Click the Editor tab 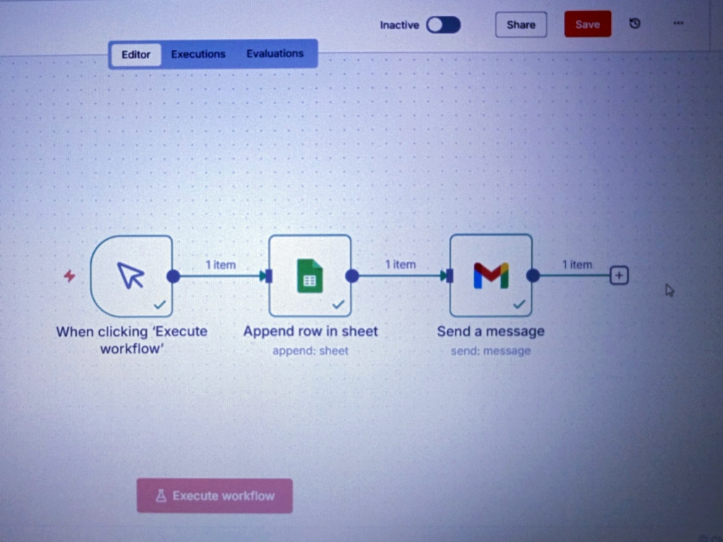(136, 54)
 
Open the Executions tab (198, 54)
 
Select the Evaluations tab (275, 53)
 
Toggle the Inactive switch (443, 25)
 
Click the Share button (521, 25)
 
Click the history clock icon (635, 23)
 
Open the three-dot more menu (678, 22)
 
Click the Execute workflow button (215, 496)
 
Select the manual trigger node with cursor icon (132, 276)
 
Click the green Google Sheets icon (310, 276)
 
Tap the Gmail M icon (491, 275)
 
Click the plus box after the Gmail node (619, 275)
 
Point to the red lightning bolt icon (69, 275)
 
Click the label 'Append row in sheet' (310, 332)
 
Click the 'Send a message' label (491, 332)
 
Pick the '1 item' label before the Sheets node (221, 265)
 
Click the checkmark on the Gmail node (519, 304)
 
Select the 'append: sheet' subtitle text (310, 350)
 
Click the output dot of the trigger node (174, 276)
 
